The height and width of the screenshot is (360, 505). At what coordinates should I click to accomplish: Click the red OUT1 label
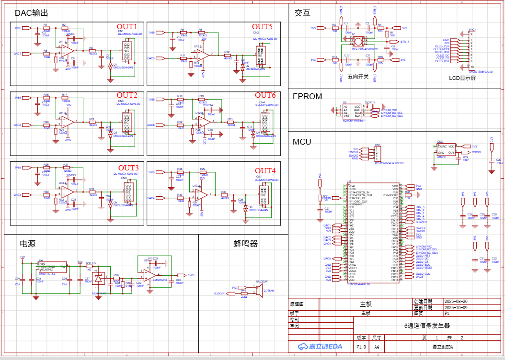(127, 26)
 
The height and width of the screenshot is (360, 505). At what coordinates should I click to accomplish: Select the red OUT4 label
(265, 171)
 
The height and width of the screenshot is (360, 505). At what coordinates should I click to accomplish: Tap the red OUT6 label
(265, 95)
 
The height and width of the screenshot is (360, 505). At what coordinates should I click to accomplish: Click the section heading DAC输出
(32, 13)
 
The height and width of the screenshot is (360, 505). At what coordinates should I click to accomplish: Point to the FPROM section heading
(307, 96)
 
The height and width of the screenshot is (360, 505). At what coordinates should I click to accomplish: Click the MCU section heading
(302, 142)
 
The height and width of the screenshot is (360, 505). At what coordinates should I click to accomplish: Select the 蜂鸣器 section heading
(246, 244)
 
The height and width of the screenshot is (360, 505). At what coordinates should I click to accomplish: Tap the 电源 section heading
(27, 243)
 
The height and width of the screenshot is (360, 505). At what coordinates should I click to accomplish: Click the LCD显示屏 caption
(462, 78)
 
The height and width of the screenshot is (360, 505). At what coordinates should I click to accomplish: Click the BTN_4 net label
(405, 42)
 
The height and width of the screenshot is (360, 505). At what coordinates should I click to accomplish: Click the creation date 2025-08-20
(457, 302)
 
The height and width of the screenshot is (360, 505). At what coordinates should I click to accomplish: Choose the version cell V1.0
(361, 346)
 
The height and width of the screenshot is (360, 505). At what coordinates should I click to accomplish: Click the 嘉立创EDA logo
(320, 346)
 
